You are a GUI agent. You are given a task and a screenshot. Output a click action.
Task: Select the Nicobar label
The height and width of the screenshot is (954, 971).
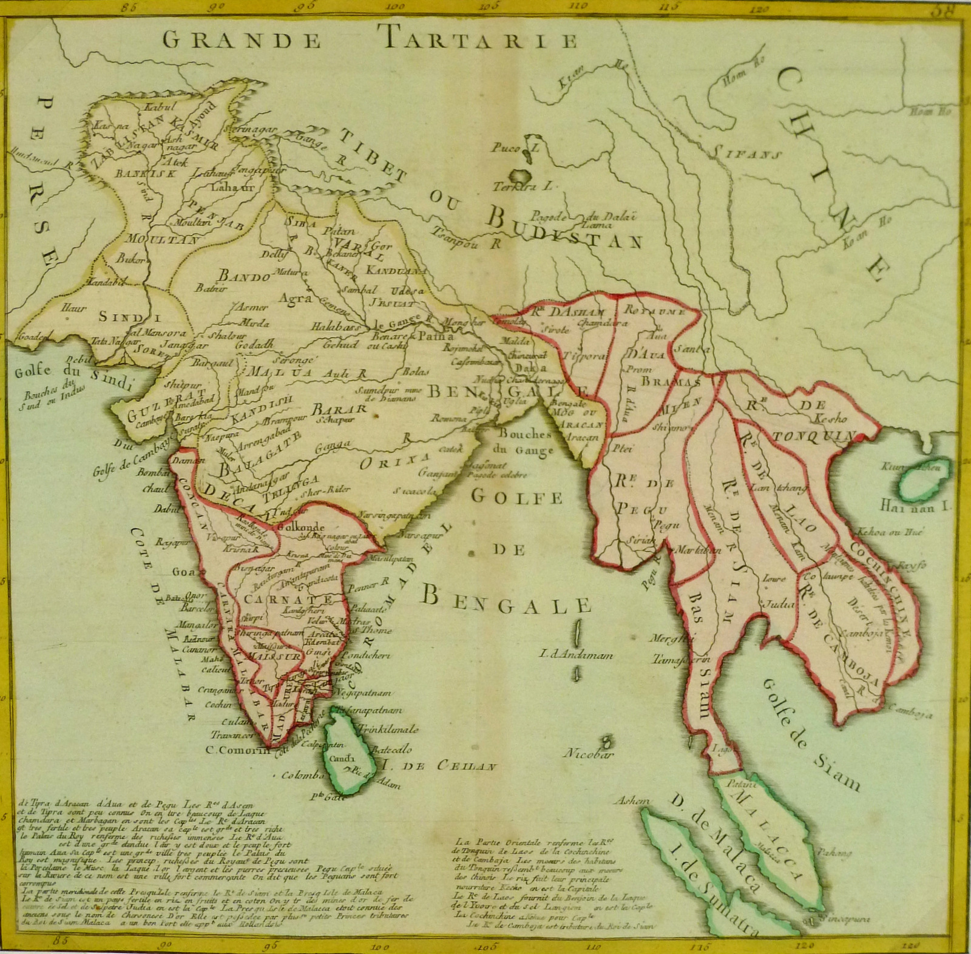point(588,754)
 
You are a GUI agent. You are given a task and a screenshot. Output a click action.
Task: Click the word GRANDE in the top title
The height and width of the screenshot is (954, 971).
point(242,41)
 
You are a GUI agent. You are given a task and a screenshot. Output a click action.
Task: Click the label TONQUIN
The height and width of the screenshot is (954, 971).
point(813,436)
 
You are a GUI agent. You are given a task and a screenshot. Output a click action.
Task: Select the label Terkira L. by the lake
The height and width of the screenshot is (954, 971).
point(523,187)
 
